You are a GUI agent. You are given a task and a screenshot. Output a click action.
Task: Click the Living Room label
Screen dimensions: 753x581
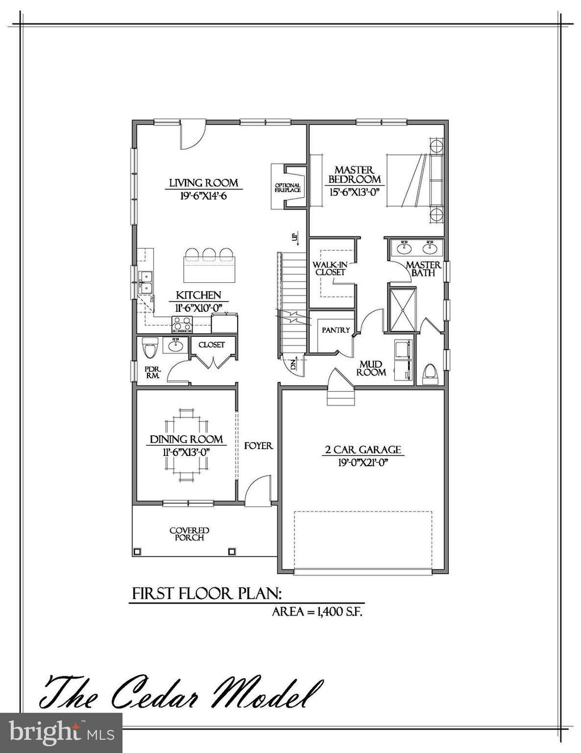[x=203, y=183]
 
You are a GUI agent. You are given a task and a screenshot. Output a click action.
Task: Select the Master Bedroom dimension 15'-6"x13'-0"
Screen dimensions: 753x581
[x=354, y=192]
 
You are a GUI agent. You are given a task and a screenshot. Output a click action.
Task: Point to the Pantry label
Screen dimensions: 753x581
[x=335, y=330]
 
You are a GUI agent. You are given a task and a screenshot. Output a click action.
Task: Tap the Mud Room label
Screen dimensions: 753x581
[x=372, y=368]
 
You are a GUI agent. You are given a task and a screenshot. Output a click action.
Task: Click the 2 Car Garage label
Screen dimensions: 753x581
[x=363, y=450]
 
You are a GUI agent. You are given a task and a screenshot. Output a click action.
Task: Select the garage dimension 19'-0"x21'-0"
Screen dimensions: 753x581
[x=363, y=462]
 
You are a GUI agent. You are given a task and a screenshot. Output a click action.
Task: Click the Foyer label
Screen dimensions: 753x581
[x=258, y=446]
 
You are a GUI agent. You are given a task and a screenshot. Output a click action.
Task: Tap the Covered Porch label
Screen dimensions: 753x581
[x=190, y=534]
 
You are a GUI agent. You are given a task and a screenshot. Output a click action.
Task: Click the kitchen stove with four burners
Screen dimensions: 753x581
[x=183, y=324]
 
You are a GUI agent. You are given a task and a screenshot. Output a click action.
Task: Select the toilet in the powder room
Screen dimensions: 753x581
[x=150, y=348]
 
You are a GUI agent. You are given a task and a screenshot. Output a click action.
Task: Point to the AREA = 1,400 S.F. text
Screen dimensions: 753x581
[x=317, y=612]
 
